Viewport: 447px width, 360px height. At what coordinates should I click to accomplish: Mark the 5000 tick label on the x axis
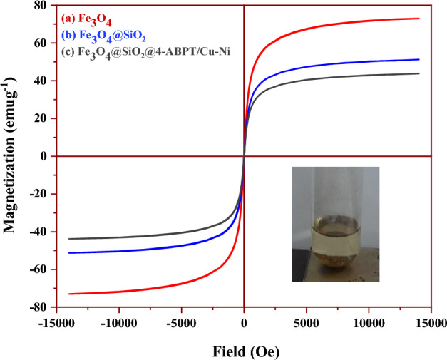pos(307,323)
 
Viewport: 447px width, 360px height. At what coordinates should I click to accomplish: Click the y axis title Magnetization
pos(11,157)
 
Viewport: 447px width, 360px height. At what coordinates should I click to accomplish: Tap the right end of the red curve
pos(418,19)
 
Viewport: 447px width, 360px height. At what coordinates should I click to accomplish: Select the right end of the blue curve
pos(418,59)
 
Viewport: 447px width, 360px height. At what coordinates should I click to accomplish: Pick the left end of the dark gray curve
pos(70,239)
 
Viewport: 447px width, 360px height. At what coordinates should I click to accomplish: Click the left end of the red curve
pos(70,294)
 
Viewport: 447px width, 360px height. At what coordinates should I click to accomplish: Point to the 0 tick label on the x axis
pos(245,323)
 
